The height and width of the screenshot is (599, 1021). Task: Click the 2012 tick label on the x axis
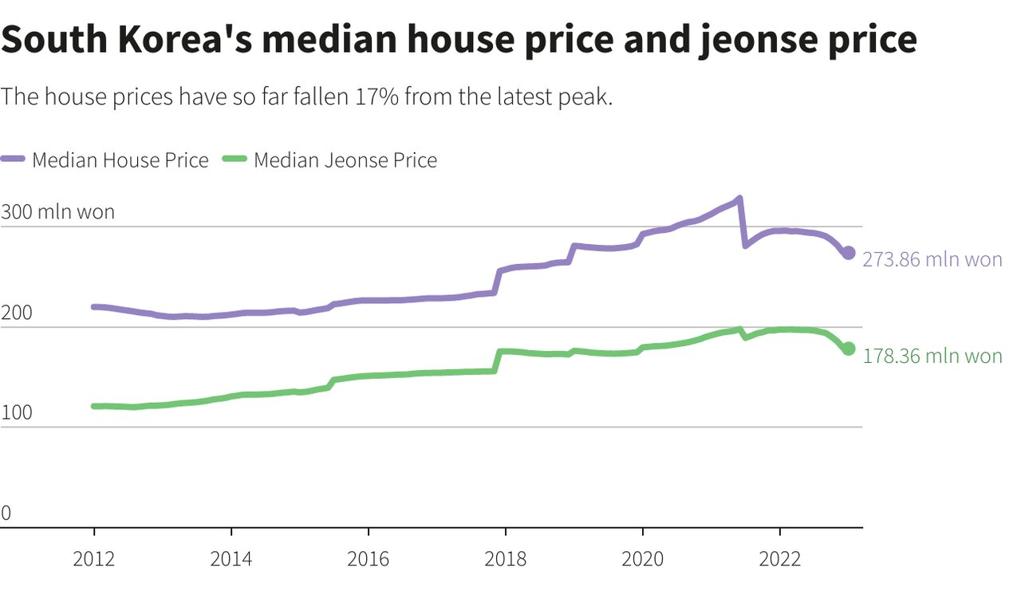[x=94, y=559]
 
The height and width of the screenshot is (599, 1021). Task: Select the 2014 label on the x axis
[x=231, y=559]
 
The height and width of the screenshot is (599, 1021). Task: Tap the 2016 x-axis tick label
[x=369, y=559]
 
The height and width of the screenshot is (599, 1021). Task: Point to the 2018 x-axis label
[x=506, y=559]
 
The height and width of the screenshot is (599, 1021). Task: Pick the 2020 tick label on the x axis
[x=643, y=559]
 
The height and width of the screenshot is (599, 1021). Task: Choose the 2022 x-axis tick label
[x=780, y=559]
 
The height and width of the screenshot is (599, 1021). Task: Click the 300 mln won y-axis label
[x=57, y=212]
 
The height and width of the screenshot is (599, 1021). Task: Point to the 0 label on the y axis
[x=6, y=514]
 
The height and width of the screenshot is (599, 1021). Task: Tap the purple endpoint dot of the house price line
[x=849, y=253]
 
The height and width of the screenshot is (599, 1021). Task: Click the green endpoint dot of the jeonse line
[x=849, y=349]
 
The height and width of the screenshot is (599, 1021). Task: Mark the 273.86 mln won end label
[x=932, y=260]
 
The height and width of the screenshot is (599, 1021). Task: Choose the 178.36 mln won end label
[x=932, y=356]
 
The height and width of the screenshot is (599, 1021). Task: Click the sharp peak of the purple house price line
[x=739, y=199]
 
